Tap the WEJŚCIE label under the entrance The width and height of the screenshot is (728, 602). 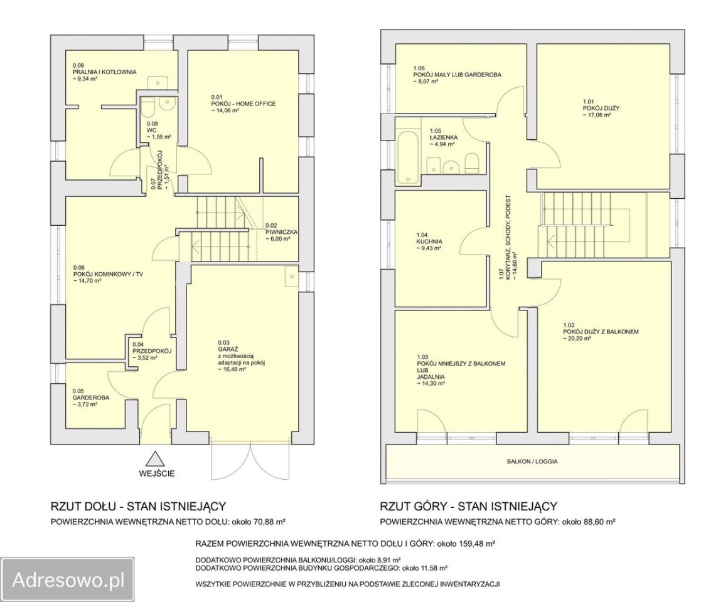[157, 474]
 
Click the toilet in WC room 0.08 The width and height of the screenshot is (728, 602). [148, 107]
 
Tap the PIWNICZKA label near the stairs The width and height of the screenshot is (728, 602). [281, 232]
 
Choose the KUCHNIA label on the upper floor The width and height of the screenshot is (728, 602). [429, 241]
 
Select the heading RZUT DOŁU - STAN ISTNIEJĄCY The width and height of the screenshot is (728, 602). [138, 506]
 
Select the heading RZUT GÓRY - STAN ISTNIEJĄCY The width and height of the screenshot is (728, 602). [468, 506]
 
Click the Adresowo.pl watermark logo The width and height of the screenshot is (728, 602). [67, 579]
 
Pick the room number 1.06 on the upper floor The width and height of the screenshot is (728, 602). [419, 68]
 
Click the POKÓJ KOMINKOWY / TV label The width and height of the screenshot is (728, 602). [108, 274]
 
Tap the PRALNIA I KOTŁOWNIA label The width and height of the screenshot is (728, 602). [104, 72]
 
